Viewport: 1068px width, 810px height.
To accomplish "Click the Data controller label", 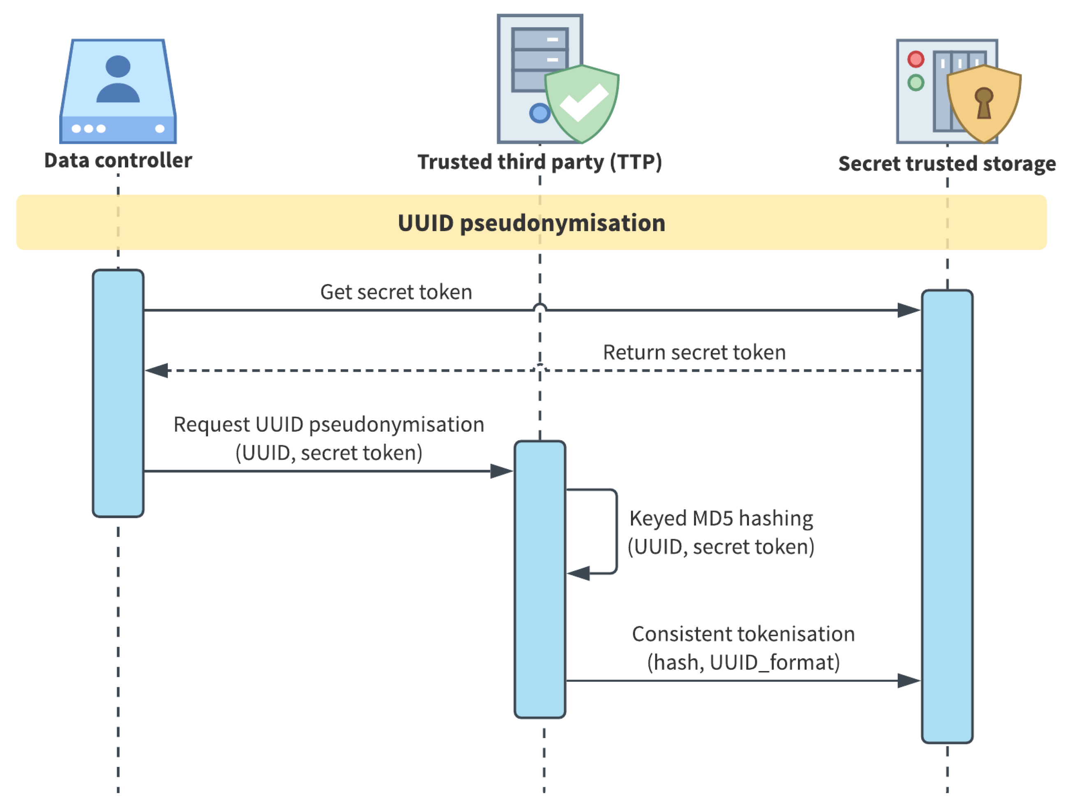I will pos(118,160).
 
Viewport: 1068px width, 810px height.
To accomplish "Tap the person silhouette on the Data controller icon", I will pos(118,80).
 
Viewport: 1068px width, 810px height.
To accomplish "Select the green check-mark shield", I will pos(582,104).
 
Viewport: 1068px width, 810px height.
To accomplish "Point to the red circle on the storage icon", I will pos(916,59).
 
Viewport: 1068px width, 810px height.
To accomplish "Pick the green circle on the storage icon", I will pos(916,83).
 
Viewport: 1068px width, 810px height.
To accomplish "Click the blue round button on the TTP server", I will pos(539,113).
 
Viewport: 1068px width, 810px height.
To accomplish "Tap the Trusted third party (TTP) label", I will pos(539,162).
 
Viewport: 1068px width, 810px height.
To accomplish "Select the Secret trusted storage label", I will pos(947,164).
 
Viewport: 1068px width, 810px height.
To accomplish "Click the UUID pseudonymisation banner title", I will pos(532,223).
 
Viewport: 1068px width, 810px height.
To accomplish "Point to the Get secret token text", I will pos(396,292).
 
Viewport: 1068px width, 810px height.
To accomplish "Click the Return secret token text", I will pos(694,353).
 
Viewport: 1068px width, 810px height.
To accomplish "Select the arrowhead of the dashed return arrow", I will pos(157,371).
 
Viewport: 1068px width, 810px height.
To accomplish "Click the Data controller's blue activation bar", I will pos(118,393).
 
